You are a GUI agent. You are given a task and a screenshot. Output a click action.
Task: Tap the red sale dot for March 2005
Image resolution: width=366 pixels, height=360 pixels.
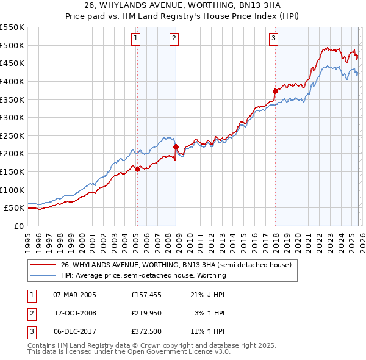tap(137, 170)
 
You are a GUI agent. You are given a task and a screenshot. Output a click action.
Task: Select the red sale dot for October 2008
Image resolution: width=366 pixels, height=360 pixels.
tap(176, 147)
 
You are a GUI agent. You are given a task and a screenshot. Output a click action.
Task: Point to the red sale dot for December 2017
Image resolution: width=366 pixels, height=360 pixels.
tap(275, 91)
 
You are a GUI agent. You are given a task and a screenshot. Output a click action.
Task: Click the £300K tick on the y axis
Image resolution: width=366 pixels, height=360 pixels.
tap(12, 117)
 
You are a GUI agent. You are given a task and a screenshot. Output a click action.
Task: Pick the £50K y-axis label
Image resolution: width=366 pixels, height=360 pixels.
tap(14, 207)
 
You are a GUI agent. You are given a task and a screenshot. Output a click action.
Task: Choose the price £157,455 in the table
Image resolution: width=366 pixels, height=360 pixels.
tap(145, 295)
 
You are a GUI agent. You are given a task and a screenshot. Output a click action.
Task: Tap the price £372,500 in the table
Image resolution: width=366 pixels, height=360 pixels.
tap(145, 331)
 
